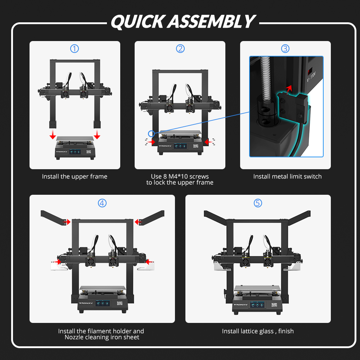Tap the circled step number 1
coord(75,49)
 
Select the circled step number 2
coord(180,49)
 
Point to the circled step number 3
coord(285,49)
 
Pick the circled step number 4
coord(102,203)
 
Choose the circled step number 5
coord(258,203)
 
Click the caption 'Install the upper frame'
coord(75,176)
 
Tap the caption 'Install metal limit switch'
coord(287,176)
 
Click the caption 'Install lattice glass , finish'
coord(258,331)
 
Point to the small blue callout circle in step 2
coord(151,134)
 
